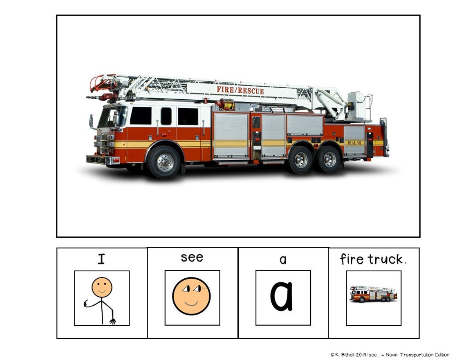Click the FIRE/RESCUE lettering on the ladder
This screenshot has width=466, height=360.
[x=240, y=89]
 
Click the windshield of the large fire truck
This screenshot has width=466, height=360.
[x=110, y=116]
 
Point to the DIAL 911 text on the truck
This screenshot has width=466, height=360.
[x=354, y=143]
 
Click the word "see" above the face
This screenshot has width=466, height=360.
[x=192, y=257]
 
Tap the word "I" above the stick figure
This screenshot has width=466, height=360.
[x=101, y=259]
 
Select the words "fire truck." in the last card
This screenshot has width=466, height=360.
[x=373, y=259]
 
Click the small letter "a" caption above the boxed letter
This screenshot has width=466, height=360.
[x=283, y=259]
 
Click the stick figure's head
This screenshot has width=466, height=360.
[x=101, y=287]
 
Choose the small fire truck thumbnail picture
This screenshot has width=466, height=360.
[x=373, y=294]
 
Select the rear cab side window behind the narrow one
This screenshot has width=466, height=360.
[x=188, y=116]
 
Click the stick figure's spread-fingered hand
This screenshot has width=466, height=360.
[x=112, y=321]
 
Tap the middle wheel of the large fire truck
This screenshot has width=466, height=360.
[x=300, y=160]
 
